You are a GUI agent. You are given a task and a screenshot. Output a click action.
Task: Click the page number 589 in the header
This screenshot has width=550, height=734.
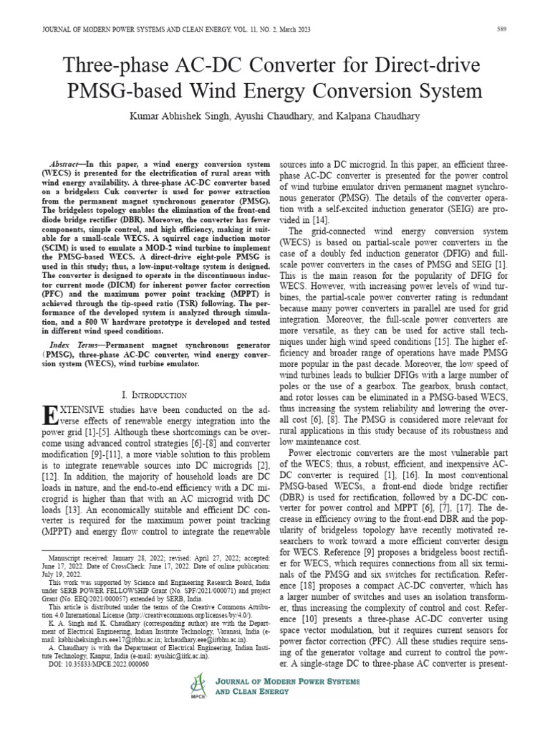(x=503, y=29)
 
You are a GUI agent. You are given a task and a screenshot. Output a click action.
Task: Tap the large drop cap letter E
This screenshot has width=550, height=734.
(x=52, y=416)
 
